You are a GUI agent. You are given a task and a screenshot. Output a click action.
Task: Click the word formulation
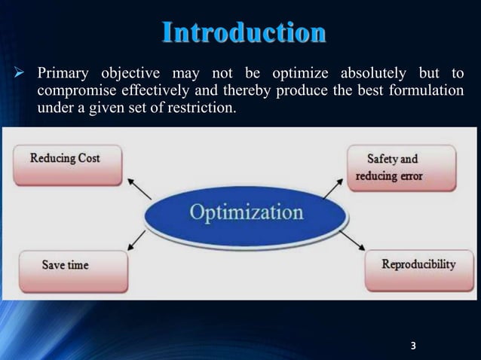tap(427, 91)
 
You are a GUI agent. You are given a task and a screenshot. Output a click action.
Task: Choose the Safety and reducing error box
tap(401, 168)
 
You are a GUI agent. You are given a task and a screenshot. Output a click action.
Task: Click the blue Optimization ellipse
tap(247, 213)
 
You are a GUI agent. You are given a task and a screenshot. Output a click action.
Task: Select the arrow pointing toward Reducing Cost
tap(138, 188)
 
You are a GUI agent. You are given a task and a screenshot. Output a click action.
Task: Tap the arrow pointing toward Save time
tap(138, 239)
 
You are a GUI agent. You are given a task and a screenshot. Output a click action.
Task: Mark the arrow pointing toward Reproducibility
tap(352, 241)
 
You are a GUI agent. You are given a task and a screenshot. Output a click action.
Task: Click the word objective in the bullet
tap(127, 74)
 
